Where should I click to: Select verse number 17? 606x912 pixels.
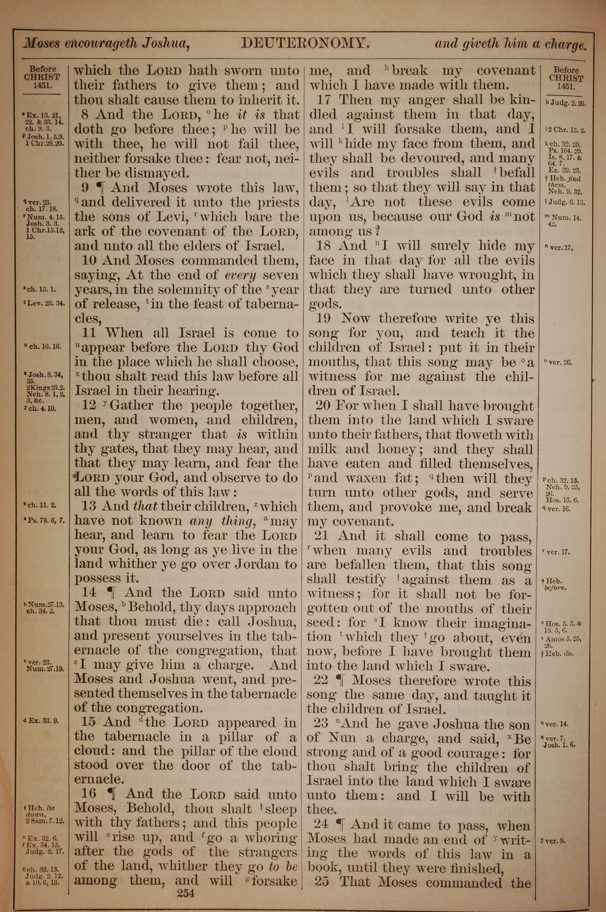pyautogui.click(x=323, y=100)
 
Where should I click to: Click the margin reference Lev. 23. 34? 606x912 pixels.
pyautogui.click(x=45, y=303)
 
